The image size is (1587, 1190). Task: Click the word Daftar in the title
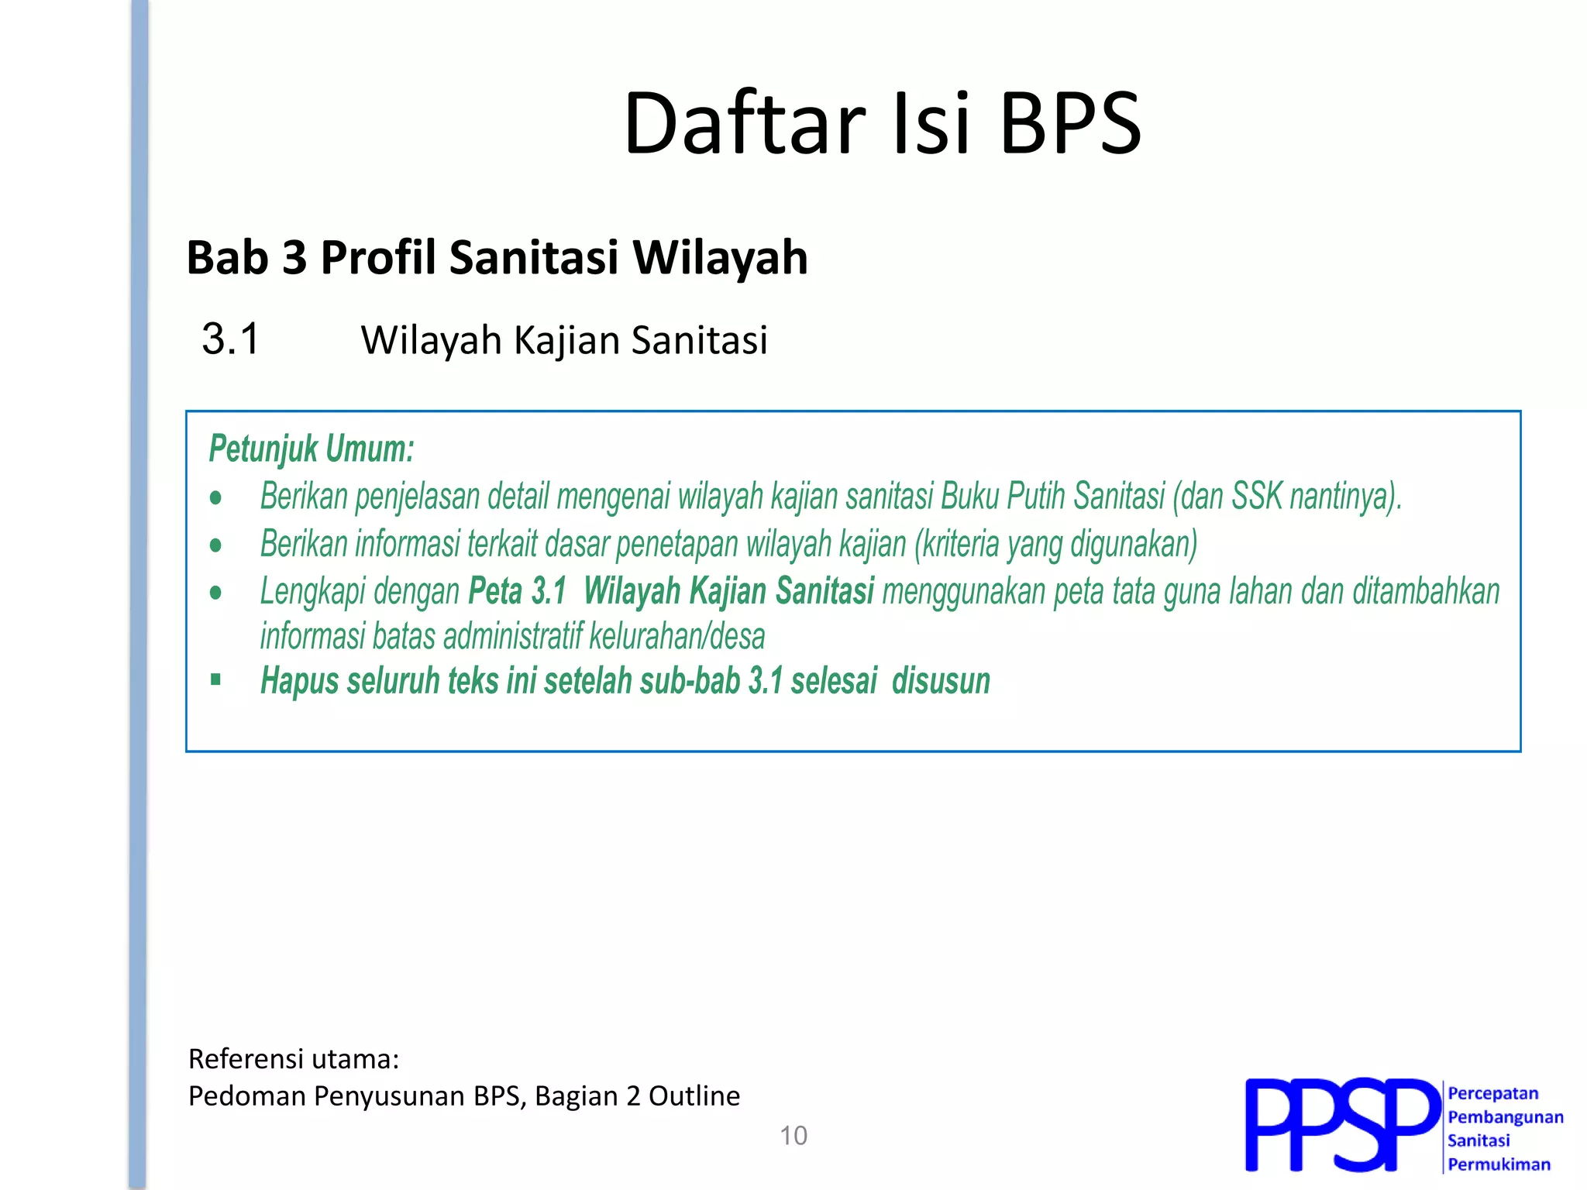coord(744,124)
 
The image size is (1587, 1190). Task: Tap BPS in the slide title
coord(1070,124)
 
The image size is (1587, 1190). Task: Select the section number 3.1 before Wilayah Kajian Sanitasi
coord(230,339)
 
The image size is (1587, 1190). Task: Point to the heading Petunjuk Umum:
coord(312,449)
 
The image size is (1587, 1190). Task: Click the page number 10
coord(793,1136)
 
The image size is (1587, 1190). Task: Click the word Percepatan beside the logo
coord(1492,1093)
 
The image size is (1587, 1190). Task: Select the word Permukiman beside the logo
coord(1499,1164)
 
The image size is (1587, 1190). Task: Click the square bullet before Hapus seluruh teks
coord(215,680)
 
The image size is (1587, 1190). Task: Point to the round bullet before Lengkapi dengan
coord(215,593)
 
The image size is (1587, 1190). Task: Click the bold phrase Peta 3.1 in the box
coord(518,591)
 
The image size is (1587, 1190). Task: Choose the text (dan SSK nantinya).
coord(1287,497)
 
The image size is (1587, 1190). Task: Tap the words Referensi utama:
coord(294,1059)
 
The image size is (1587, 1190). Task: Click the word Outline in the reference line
coord(694,1096)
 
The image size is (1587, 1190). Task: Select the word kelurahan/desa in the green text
coord(676,637)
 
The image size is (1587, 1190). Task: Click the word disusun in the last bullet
coord(941,682)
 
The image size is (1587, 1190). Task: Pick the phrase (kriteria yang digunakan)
coord(1055,544)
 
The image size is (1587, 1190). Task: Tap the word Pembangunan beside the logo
coord(1505,1117)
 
